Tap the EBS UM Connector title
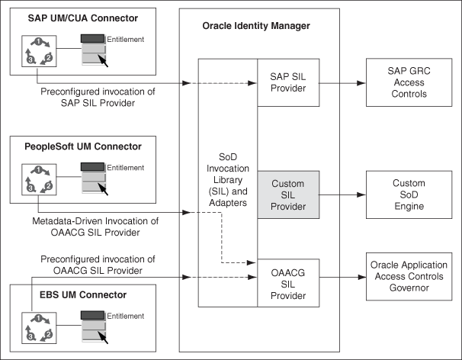click(x=58, y=294)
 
